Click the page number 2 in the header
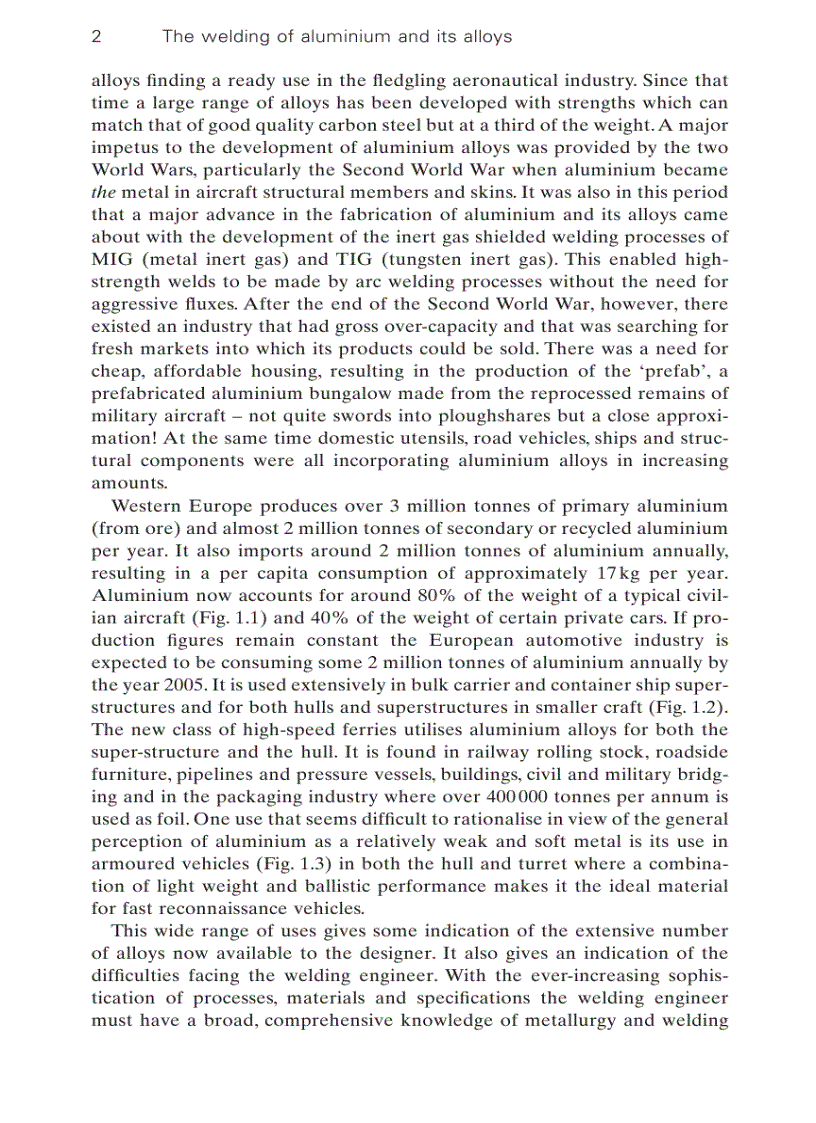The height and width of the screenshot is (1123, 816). pos(96,37)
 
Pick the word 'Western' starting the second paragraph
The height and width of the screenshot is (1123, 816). pos(144,507)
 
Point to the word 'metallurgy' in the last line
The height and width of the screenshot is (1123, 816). pos(553,1021)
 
